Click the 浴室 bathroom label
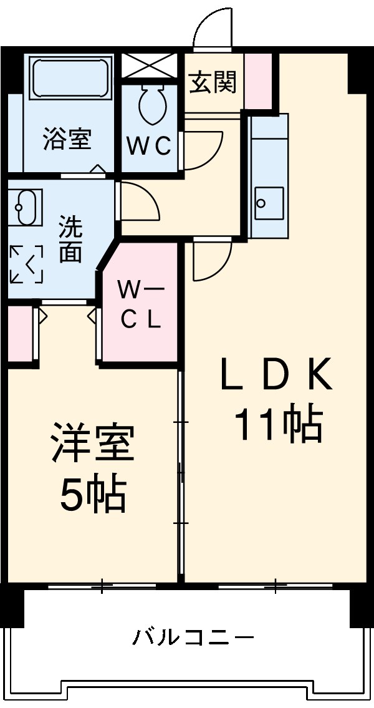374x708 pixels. [67, 138]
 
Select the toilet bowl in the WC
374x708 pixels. [151, 104]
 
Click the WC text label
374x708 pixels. [150, 147]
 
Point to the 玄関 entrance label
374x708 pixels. [213, 83]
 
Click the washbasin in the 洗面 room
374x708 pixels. [26, 206]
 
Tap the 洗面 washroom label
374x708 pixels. [70, 239]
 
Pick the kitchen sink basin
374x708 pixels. [268, 203]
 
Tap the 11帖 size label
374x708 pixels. [277, 424]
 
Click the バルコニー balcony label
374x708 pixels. [193, 638]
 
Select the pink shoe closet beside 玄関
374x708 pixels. [258, 81]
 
